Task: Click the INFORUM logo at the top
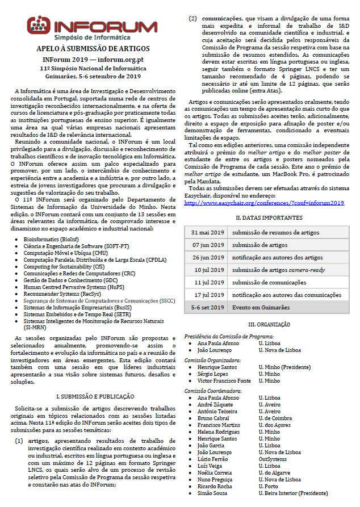[92, 28]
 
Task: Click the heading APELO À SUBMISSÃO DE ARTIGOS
[92, 49]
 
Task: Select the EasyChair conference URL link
[264, 203]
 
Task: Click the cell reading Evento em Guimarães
[261, 307]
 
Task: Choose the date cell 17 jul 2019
[206, 295]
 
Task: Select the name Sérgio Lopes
[213, 374]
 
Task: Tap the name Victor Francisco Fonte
[224, 381]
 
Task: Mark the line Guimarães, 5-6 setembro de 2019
[92, 76]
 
